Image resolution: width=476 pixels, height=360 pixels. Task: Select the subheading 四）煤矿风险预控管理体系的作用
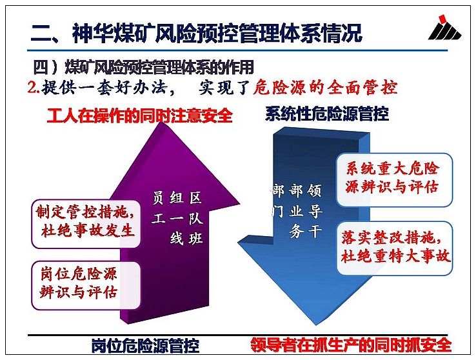click(143, 67)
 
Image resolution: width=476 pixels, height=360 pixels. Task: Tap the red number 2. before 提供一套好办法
click(34, 87)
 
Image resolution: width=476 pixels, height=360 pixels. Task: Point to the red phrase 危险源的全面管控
click(325, 88)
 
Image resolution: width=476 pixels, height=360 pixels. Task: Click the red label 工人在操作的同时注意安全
click(140, 115)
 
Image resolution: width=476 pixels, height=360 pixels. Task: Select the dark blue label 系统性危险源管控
click(327, 114)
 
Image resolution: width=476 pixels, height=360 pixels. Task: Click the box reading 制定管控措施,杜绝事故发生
click(86, 223)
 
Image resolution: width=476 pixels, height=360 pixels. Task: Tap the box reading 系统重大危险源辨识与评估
click(394, 180)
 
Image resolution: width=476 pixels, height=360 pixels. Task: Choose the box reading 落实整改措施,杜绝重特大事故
click(395, 248)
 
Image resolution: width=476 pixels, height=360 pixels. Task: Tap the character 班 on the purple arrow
click(195, 239)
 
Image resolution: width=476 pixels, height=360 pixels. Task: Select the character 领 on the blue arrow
click(314, 190)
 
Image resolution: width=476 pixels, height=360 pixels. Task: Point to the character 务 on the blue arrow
click(296, 232)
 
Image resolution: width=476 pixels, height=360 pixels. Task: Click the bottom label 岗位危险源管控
click(145, 346)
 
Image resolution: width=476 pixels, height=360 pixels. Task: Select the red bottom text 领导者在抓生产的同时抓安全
click(351, 345)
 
